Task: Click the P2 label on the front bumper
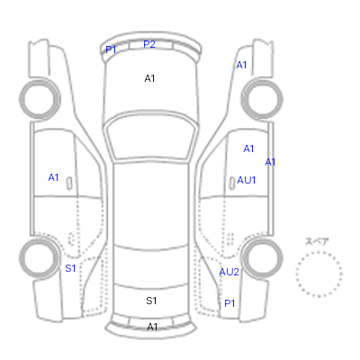click(149, 44)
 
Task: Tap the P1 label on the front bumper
click(111, 49)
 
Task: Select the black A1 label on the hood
click(149, 78)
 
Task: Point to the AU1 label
click(247, 180)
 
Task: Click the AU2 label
click(229, 272)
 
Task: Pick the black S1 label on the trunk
click(151, 301)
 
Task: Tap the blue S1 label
click(70, 268)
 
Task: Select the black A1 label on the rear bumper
click(152, 327)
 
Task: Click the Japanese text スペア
click(317, 242)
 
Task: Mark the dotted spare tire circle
click(319, 252)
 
